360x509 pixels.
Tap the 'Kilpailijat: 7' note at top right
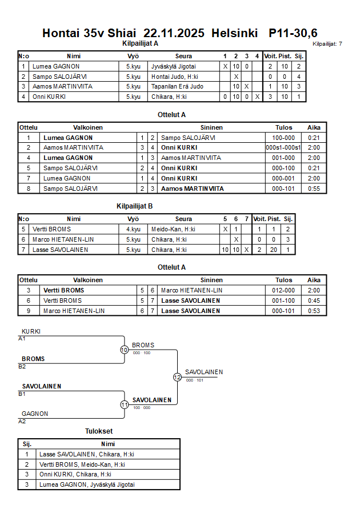(327, 43)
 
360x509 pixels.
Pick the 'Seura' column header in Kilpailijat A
(183, 56)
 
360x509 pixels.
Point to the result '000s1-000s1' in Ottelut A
(283, 147)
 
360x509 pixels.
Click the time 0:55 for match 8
(314, 189)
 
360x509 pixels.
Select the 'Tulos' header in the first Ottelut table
(283, 127)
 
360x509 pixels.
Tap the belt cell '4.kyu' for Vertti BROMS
(133, 229)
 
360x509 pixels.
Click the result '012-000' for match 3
(283, 290)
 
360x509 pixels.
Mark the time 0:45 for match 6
(314, 300)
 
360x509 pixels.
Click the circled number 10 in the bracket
(124, 350)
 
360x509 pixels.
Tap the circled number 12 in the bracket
(177, 377)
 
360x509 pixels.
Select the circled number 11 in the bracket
(124, 404)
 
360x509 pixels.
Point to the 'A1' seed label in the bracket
(22, 339)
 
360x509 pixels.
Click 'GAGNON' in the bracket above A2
(35, 414)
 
